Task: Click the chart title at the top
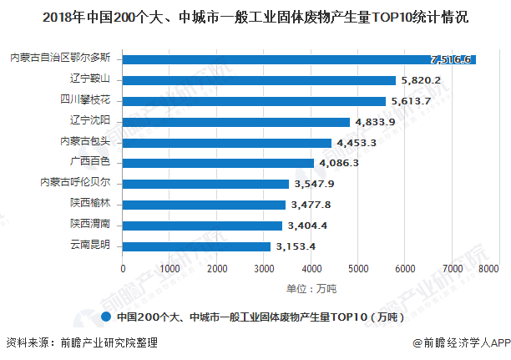[255, 16]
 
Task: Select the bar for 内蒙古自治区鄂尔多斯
[299, 59]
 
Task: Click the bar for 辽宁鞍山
[259, 80]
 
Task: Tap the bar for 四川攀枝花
[254, 101]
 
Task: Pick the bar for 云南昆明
[196, 246]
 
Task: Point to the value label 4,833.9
[375, 122]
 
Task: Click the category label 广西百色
[97, 162]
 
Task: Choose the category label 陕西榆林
[97, 204]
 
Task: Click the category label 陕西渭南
[97, 225]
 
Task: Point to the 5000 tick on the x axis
[358, 269]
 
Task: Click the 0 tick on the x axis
[123, 269]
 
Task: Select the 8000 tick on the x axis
[488, 269]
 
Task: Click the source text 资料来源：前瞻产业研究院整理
[81, 342]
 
